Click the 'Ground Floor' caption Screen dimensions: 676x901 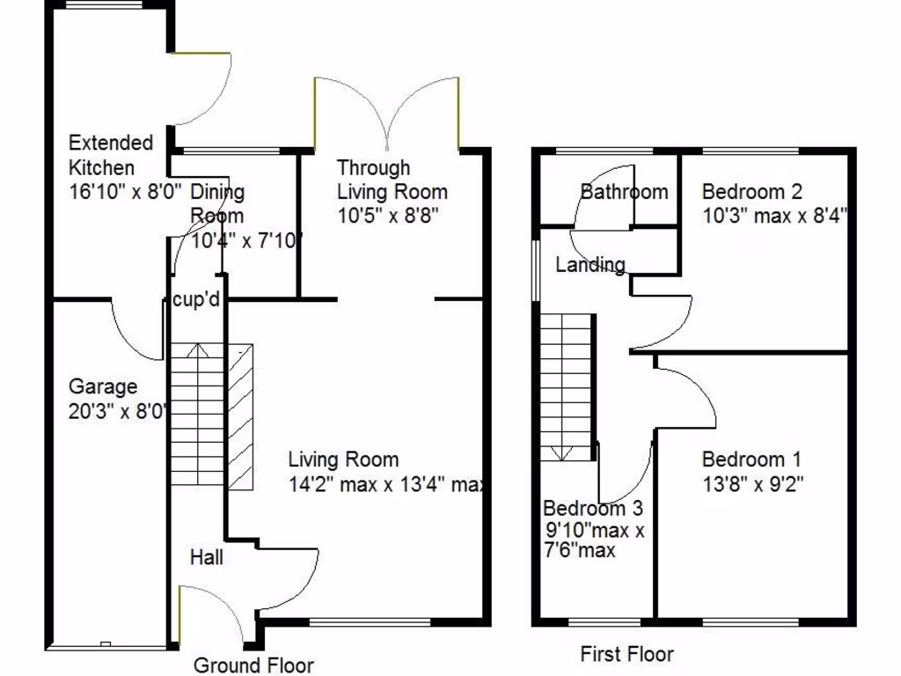(253, 665)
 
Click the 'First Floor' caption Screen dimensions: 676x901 (626, 654)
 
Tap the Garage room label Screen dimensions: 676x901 (103, 386)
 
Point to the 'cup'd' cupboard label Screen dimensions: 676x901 (195, 300)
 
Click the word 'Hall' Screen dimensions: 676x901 (206, 557)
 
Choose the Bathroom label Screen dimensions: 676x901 (624, 191)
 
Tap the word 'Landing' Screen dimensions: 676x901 (590, 264)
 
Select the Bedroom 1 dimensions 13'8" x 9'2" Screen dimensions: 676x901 (752, 483)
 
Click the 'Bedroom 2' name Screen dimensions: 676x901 (752, 191)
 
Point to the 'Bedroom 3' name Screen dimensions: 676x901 (592, 508)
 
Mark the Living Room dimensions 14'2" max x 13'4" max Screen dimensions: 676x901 (387, 484)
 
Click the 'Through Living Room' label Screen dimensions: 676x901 (392, 180)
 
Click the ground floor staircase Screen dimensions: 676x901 (198, 414)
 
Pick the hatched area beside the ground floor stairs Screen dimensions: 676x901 (239, 417)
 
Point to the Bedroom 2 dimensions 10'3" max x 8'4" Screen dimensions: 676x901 (774, 215)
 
